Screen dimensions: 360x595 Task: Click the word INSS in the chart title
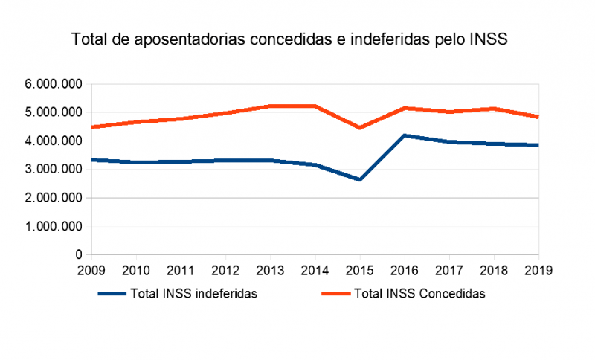[x=488, y=40]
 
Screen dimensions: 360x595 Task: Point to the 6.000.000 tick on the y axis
[x=53, y=84]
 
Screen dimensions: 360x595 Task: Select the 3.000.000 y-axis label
[x=53, y=170]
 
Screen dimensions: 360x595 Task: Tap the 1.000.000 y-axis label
[x=53, y=227]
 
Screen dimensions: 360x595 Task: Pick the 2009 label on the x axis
[x=90, y=270]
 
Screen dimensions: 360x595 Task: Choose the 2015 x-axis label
[x=358, y=270]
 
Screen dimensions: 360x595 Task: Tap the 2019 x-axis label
[x=537, y=270]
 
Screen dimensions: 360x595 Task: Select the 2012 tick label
[x=225, y=270]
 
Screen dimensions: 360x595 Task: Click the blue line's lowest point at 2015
[x=358, y=180]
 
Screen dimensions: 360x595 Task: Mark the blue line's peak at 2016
[x=403, y=135]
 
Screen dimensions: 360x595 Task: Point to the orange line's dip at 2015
[x=358, y=128]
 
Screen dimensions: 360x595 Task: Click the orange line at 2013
[x=269, y=106]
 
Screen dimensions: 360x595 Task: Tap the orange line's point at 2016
[x=403, y=108]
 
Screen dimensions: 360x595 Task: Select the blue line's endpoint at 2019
[x=537, y=145]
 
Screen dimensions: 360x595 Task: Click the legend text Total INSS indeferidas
[x=193, y=294]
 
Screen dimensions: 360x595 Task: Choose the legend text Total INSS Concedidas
[x=420, y=294]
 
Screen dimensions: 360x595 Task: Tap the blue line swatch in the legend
[x=112, y=294]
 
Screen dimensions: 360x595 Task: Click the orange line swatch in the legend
[x=335, y=294]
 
